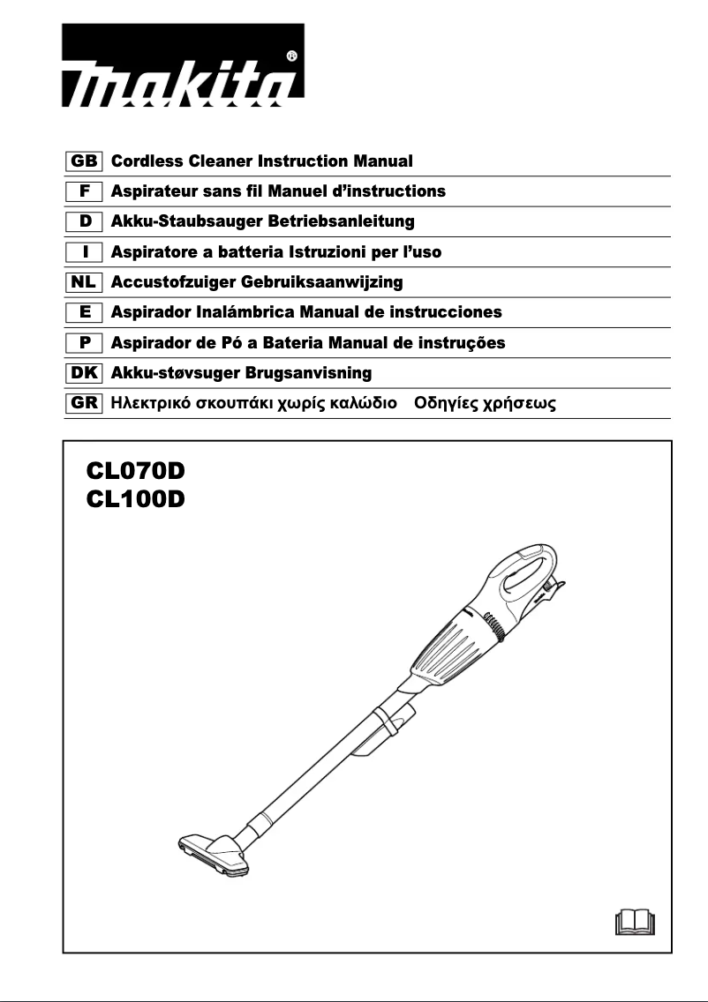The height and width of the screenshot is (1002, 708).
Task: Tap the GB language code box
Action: click(86, 161)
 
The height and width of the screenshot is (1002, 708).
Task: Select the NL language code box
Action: click(86, 282)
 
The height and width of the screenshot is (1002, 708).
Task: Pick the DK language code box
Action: click(86, 373)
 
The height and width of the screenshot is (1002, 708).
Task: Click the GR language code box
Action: click(86, 404)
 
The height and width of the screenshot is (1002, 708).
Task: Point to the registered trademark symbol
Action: click(292, 56)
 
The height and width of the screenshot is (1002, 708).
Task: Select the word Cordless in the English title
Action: click(147, 161)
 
